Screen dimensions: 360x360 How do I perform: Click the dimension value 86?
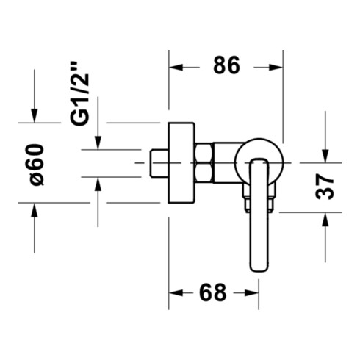(x=226, y=65)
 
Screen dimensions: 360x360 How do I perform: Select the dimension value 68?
(x=212, y=292)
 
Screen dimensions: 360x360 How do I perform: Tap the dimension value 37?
(x=325, y=187)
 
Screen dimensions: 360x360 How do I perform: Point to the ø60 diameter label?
(x=37, y=165)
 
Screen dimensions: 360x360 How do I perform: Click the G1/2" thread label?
(x=79, y=93)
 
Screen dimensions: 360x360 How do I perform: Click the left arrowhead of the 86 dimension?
(x=176, y=67)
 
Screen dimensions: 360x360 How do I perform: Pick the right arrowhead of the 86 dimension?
(x=276, y=67)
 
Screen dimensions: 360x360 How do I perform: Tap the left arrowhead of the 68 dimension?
(x=176, y=293)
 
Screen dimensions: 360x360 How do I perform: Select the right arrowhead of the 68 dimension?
(x=252, y=293)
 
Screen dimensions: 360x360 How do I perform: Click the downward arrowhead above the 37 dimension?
(x=325, y=156)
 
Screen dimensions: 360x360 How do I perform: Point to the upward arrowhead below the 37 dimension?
(x=325, y=220)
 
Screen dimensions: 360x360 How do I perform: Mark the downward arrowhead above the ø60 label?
(x=35, y=115)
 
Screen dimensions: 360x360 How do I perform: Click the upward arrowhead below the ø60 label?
(x=35, y=209)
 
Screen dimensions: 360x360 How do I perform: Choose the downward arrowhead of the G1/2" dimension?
(x=98, y=143)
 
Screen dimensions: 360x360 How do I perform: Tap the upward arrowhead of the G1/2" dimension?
(x=98, y=184)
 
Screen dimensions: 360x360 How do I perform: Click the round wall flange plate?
(x=181, y=162)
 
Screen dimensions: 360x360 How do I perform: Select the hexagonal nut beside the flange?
(x=204, y=162)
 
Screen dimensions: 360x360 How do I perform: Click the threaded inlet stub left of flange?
(x=159, y=163)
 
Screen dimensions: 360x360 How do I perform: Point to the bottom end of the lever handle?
(x=259, y=271)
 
